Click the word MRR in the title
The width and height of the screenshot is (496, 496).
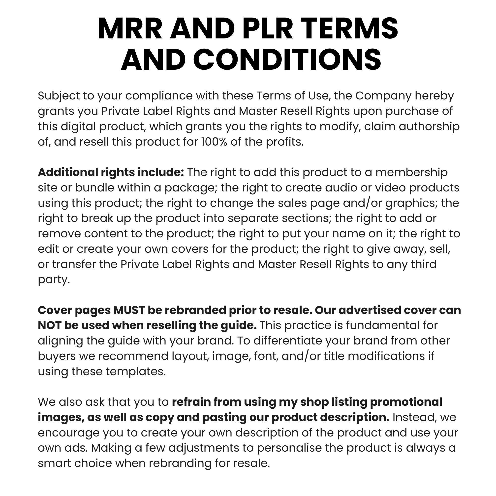130,29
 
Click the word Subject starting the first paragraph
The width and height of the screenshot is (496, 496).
59,96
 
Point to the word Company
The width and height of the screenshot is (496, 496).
383,96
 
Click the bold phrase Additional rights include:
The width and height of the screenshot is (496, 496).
111,172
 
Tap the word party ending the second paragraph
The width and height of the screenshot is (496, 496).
53,279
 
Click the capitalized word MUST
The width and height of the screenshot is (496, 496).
129,310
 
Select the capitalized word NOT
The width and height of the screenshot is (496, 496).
49,326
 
